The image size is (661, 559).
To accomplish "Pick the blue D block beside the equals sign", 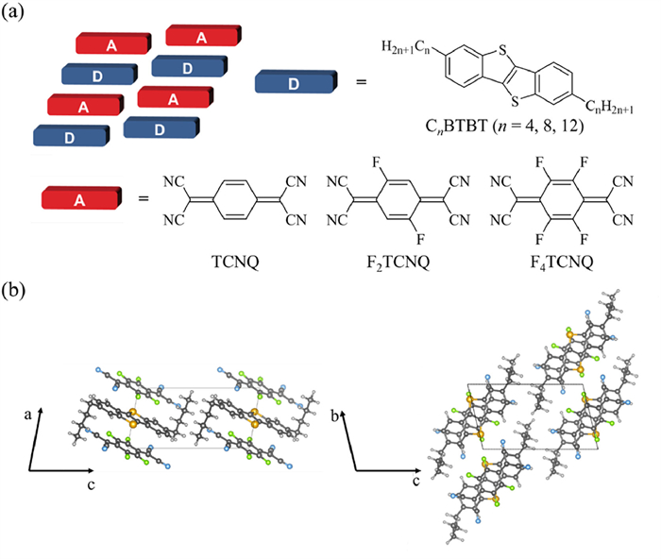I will tap(295, 84).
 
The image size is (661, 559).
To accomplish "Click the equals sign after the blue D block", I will tap(361, 84).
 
